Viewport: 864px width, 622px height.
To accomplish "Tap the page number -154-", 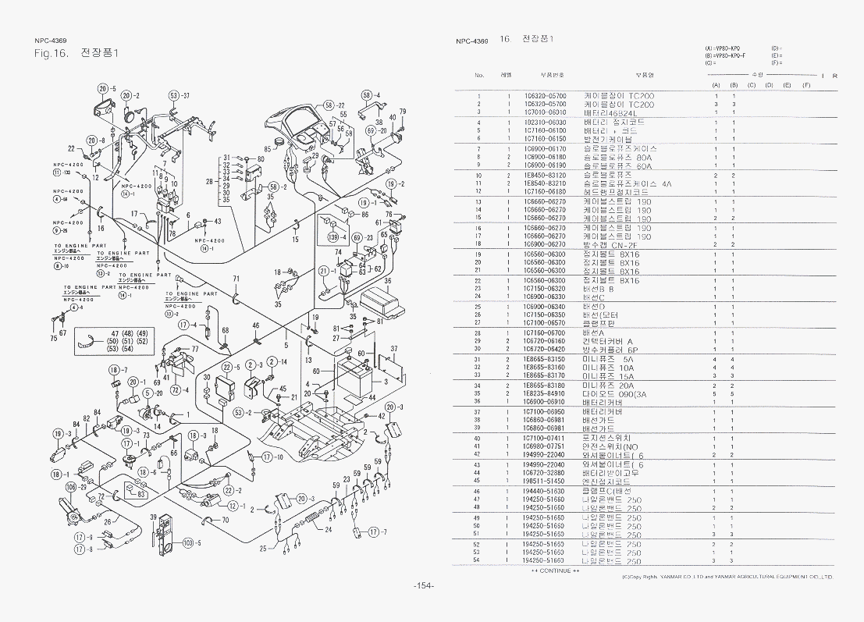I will (424, 585).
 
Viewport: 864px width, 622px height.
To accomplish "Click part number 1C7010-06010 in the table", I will (546, 112).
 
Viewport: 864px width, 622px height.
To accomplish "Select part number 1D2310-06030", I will (546, 123).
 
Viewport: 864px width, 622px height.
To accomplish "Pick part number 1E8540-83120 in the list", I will (546, 176).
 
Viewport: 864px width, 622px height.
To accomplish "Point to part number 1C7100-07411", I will (546, 438).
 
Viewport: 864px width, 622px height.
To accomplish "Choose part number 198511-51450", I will (546, 482).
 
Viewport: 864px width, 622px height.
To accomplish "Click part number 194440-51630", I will (546, 492).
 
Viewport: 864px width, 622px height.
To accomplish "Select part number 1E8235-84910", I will (546, 393).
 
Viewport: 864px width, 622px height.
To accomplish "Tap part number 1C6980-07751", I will (546, 446).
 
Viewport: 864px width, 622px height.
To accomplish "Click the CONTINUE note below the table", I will (556, 570).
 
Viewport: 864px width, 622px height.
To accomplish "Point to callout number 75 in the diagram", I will (53, 339).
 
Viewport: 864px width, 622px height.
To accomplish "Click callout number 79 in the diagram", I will (403, 112).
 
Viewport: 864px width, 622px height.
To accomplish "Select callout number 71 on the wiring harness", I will (236, 279).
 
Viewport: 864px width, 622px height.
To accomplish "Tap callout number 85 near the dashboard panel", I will (268, 148).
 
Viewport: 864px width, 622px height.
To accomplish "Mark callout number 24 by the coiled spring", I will (329, 529).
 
